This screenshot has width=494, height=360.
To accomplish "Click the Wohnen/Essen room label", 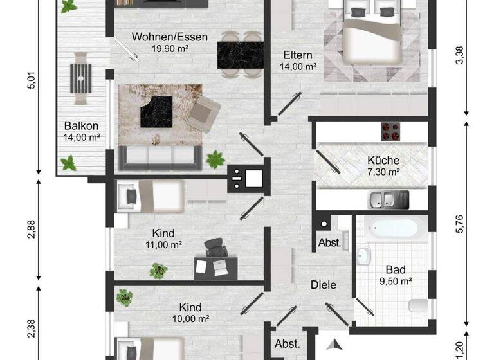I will (x=170, y=37).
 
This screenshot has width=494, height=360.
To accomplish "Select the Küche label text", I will (x=383, y=161).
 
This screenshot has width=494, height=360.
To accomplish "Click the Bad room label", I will (x=394, y=270).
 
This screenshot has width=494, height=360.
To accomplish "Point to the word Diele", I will (x=324, y=285).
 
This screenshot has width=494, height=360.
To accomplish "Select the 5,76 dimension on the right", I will (x=459, y=224).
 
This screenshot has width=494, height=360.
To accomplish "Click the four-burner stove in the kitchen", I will (x=390, y=131).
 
